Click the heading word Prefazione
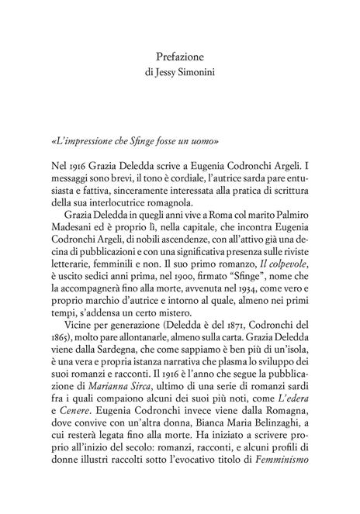[179, 57]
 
